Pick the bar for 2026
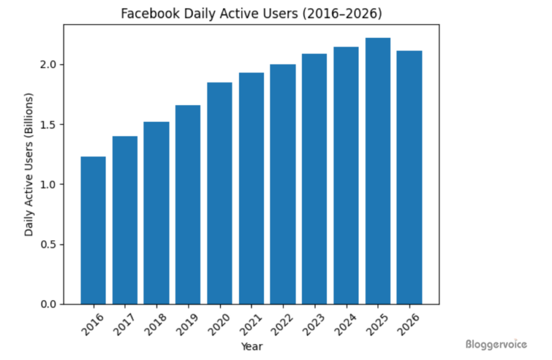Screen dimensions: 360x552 [409, 177]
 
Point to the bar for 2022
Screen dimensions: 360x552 [283, 184]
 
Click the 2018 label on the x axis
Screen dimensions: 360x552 [155, 323]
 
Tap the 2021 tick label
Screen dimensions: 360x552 [250, 323]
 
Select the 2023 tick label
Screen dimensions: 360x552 [313, 323]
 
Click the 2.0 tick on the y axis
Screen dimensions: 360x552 [50, 64]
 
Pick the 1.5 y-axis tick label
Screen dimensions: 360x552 [50, 124]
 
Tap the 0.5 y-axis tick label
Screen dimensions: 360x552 [50, 244]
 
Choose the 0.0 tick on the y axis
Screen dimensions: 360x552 [50, 304]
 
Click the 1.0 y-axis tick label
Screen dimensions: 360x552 [50, 184]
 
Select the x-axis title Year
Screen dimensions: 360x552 [251, 347]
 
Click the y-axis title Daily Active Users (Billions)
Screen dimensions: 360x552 [29, 164]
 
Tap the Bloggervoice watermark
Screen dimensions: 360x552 [496, 345]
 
